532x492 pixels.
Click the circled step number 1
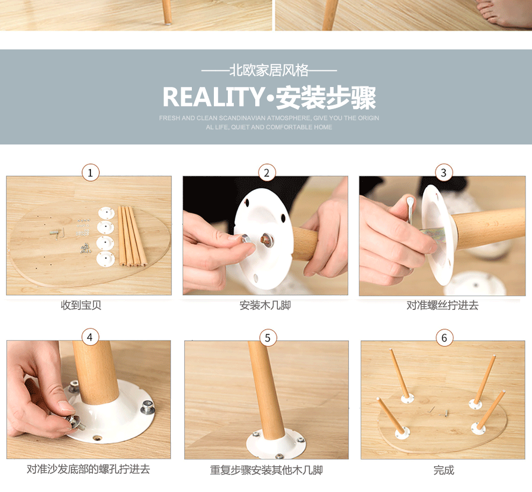click(90, 172)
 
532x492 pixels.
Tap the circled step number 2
click(267, 172)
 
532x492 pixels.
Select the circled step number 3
click(443, 172)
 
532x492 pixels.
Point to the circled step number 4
click(90, 337)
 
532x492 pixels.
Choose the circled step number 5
click(268, 338)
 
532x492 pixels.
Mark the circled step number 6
click(444, 338)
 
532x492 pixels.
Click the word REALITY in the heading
click(213, 97)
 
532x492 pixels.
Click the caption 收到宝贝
click(81, 305)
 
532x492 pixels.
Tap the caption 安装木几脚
click(265, 305)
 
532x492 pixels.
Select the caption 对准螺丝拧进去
click(442, 305)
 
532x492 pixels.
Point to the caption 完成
click(443, 470)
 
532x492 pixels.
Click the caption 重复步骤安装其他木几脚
click(267, 470)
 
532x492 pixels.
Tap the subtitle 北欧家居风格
click(269, 70)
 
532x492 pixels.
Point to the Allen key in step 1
click(57, 233)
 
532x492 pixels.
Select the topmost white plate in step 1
click(106, 213)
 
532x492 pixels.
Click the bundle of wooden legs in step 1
click(132, 236)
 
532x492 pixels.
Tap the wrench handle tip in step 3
click(410, 201)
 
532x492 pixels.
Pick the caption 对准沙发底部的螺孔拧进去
click(88, 469)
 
